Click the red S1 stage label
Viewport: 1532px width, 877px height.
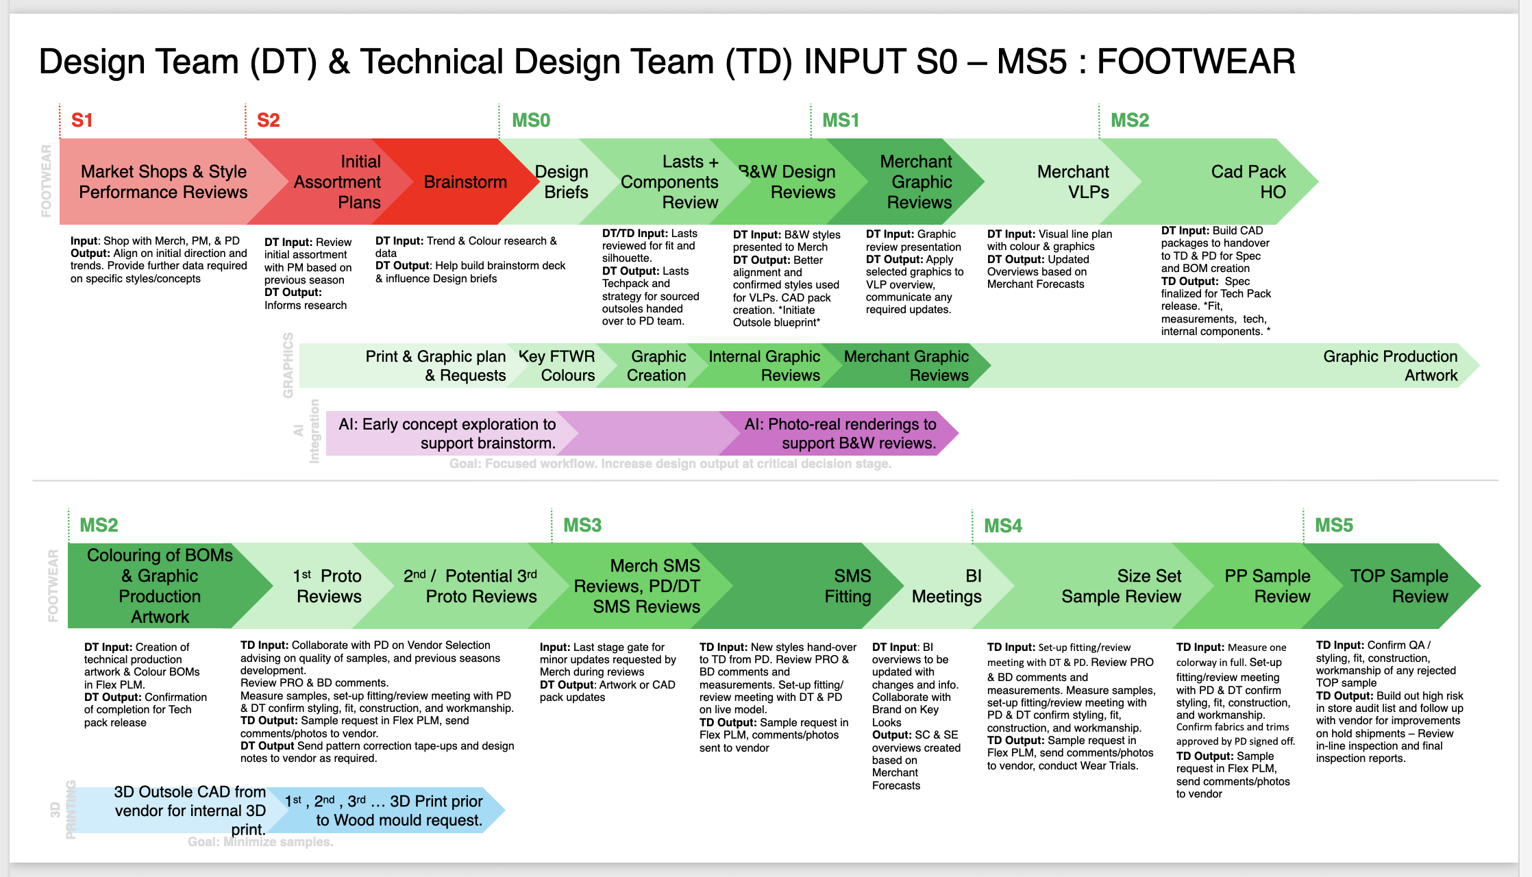point(82,121)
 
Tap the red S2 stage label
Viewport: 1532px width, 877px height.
point(268,121)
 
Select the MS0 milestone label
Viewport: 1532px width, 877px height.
point(531,121)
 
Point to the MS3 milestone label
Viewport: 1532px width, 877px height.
point(582,526)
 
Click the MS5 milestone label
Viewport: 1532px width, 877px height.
point(1333,526)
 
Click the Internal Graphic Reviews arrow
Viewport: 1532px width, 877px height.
point(764,366)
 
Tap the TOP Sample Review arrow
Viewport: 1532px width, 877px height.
point(1398,586)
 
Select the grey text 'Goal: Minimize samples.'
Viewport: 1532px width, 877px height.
point(260,842)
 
